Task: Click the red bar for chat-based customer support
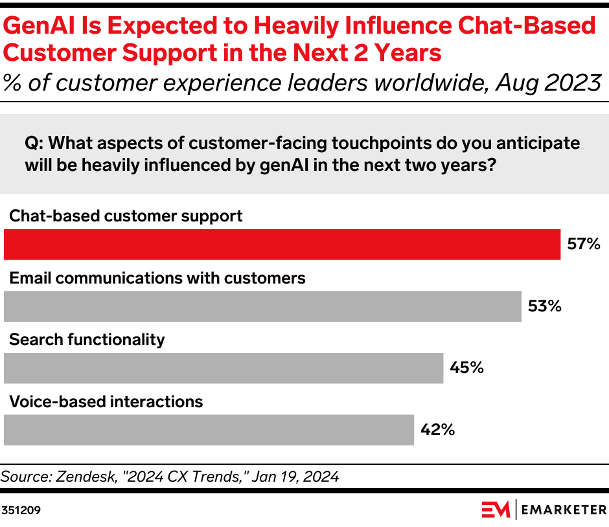pos(282,245)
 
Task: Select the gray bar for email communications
pos(262,306)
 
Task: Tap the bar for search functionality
pos(224,368)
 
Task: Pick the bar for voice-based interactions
pos(209,430)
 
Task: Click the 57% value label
pos(584,245)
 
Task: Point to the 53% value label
pos(544,306)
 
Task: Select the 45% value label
pos(467,368)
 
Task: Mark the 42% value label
pos(437,430)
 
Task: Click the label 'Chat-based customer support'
pos(126,216)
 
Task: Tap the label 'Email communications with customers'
pos(157,278)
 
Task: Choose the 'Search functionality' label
pos(87,340)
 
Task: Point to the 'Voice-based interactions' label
pos(106,401)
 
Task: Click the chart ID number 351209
pos(21,510)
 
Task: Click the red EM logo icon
pos(496,510)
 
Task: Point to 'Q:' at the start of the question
pos(34,143)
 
